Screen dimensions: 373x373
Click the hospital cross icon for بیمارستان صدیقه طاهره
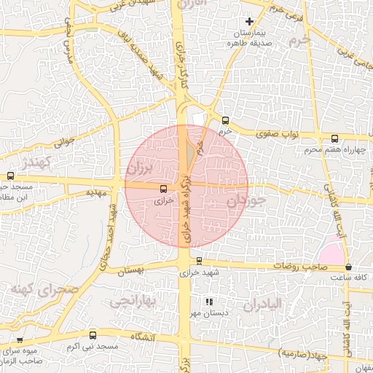point(249,22)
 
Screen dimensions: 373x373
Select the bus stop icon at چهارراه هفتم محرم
point(334,138)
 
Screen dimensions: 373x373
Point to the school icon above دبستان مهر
point(209,301)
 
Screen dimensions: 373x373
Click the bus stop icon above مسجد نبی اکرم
point(92,335)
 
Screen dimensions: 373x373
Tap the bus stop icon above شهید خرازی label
point(199,260)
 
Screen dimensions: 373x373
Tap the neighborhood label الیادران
point(262,304)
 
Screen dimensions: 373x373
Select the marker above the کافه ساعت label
point(348,267)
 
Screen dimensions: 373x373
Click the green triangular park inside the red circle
point(190,154)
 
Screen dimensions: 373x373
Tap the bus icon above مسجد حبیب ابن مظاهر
point(10,176)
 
